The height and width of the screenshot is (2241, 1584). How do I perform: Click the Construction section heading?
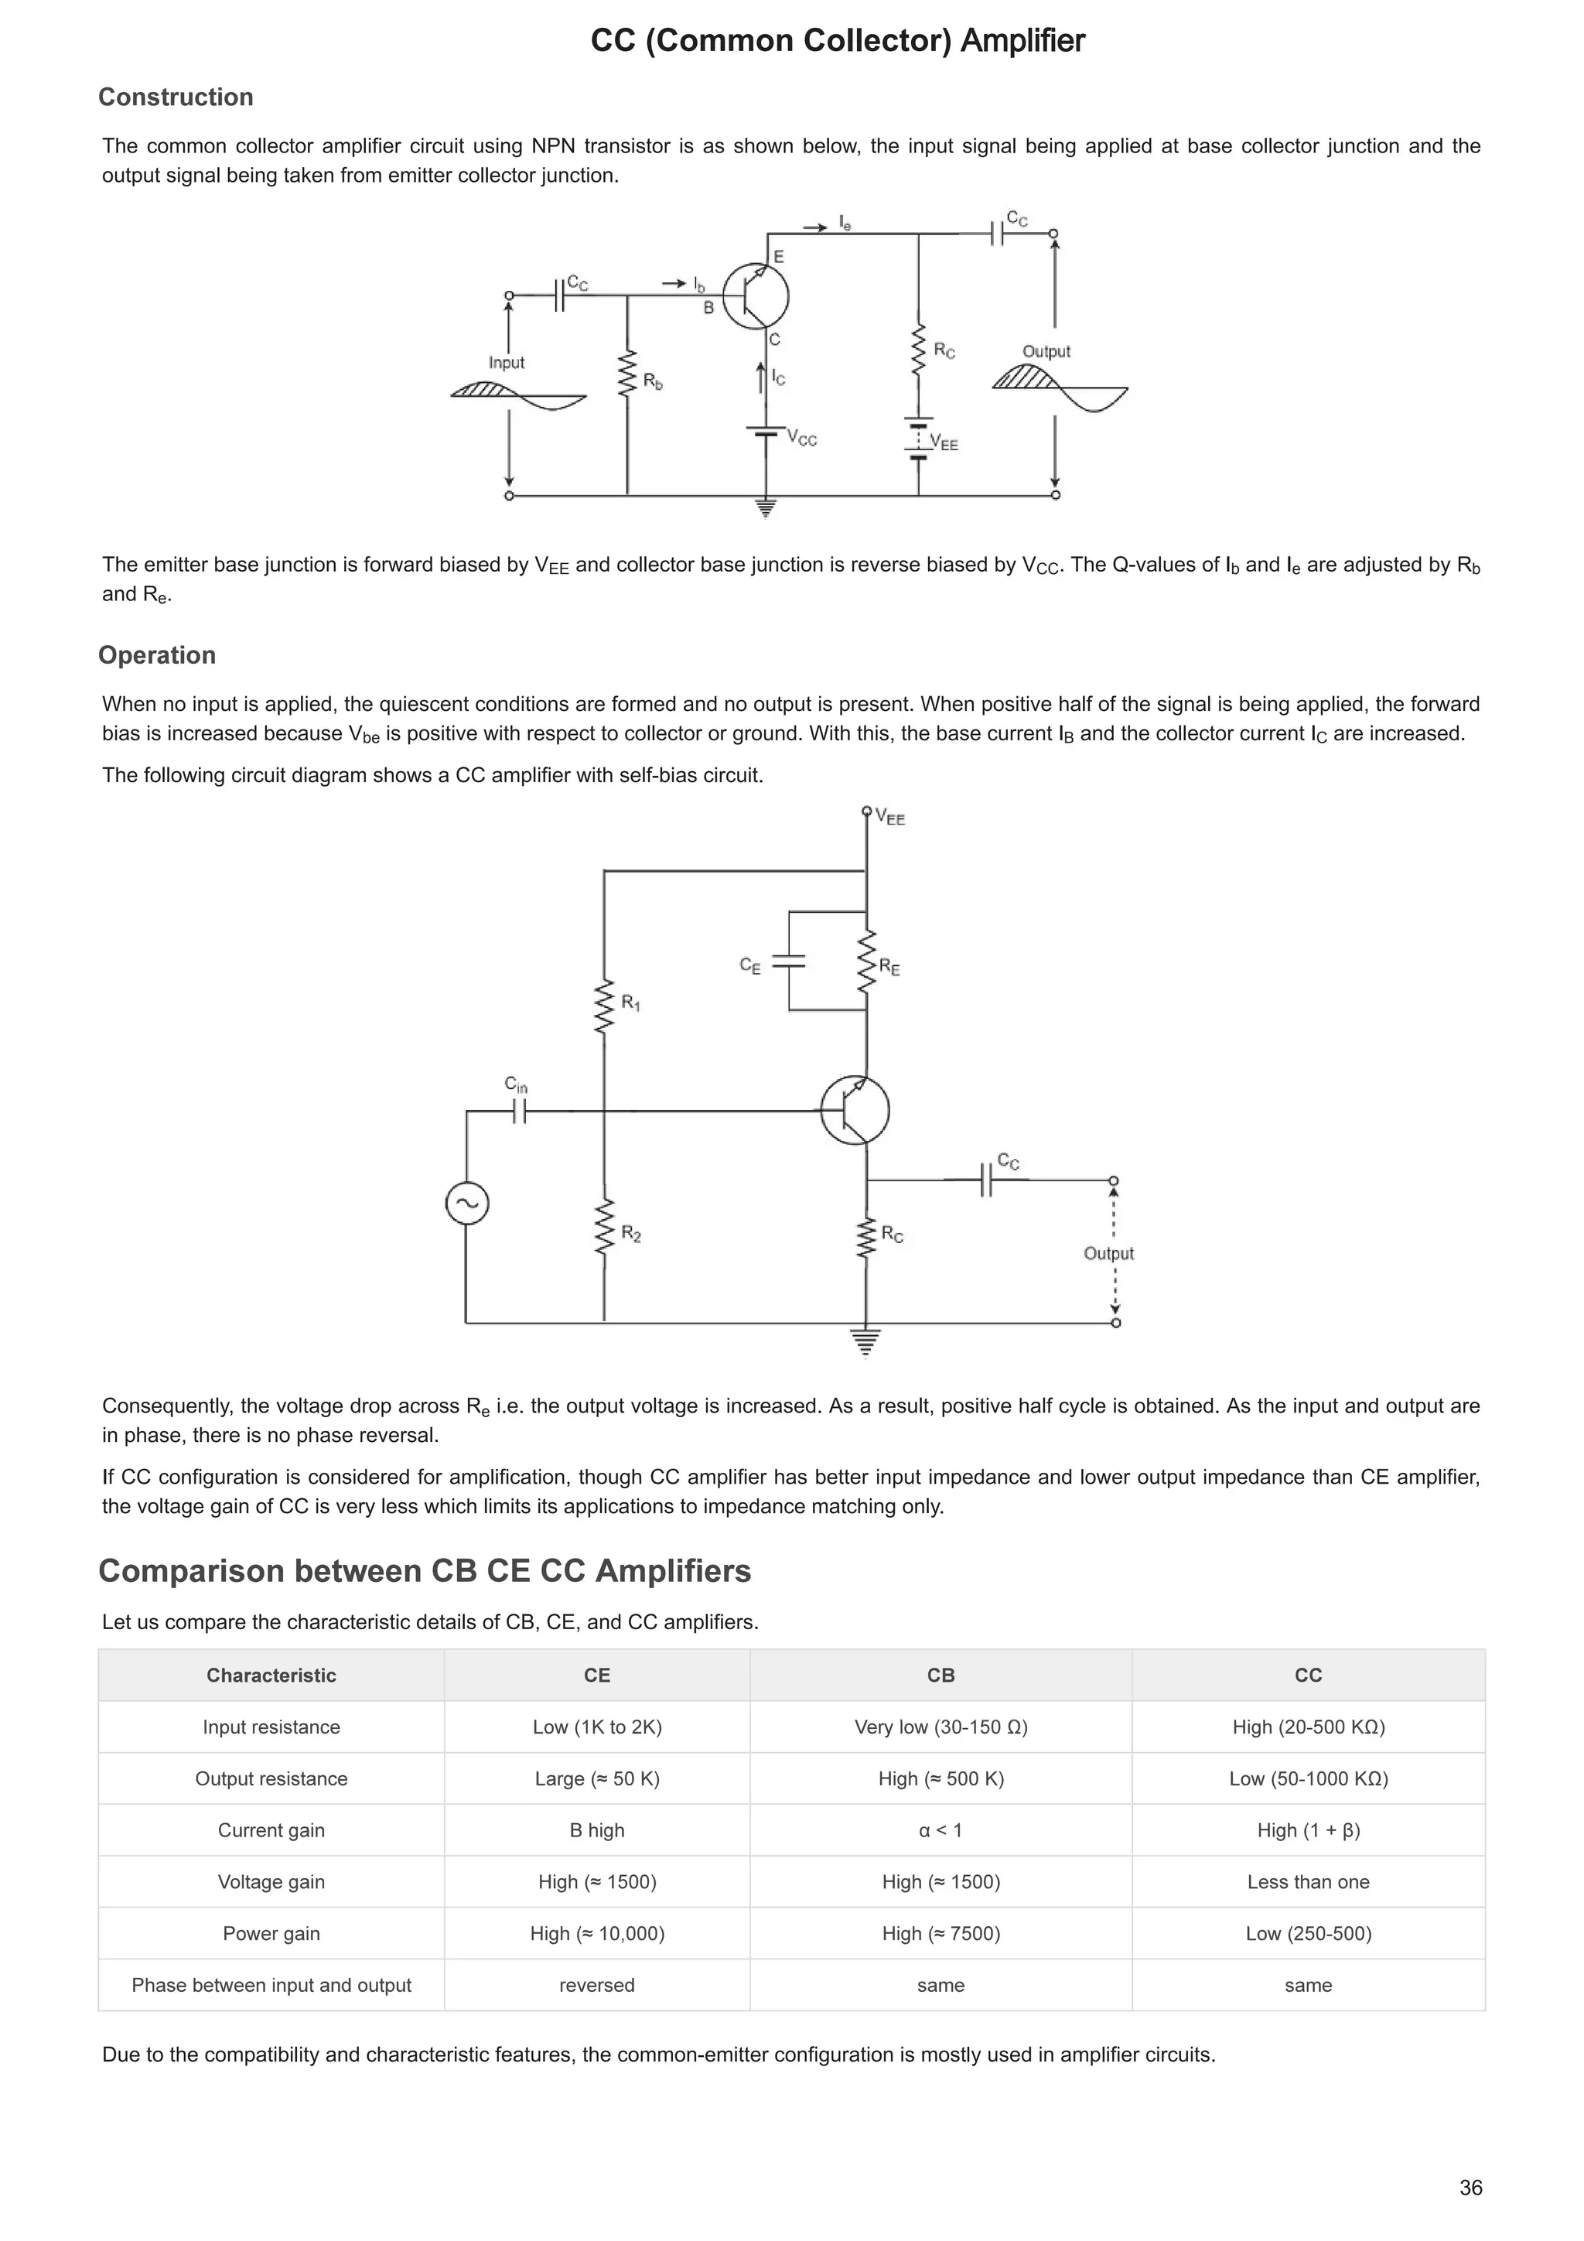pos(176,97)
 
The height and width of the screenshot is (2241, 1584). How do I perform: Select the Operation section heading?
pos(156,655)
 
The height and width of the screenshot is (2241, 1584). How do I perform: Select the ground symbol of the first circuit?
pos(766,507)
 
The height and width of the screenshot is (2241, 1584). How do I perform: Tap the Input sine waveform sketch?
pos(518,395)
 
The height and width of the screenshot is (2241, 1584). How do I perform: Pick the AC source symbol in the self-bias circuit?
pos(466,1204)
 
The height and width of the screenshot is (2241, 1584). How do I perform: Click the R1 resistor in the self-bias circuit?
pos(604,1006)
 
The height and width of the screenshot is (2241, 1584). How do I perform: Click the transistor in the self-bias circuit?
pos(855,1111)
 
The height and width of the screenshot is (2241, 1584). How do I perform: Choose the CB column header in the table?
pos(940,1675)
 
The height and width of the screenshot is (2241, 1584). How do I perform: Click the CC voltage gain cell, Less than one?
pos(1308,1882)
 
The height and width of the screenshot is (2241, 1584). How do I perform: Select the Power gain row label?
pos(271,1934)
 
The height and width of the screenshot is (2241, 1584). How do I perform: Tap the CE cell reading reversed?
pos(596,1985)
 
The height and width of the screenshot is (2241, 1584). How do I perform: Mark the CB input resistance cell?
pos(940,1727)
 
